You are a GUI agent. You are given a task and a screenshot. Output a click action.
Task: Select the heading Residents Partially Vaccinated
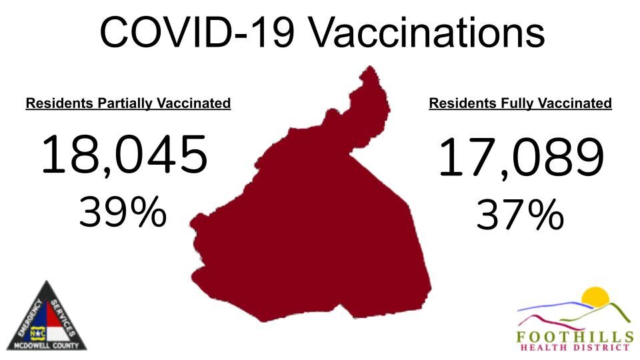point(128,103)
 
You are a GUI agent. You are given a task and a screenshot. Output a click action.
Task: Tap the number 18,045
point(125,154)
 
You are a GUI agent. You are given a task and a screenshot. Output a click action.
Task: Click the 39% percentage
point(123,213)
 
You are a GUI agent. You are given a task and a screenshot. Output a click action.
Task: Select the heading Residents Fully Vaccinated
point(520,103)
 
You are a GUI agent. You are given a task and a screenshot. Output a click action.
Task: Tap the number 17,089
point(521,158)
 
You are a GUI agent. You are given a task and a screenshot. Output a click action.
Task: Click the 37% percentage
point(520,216)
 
